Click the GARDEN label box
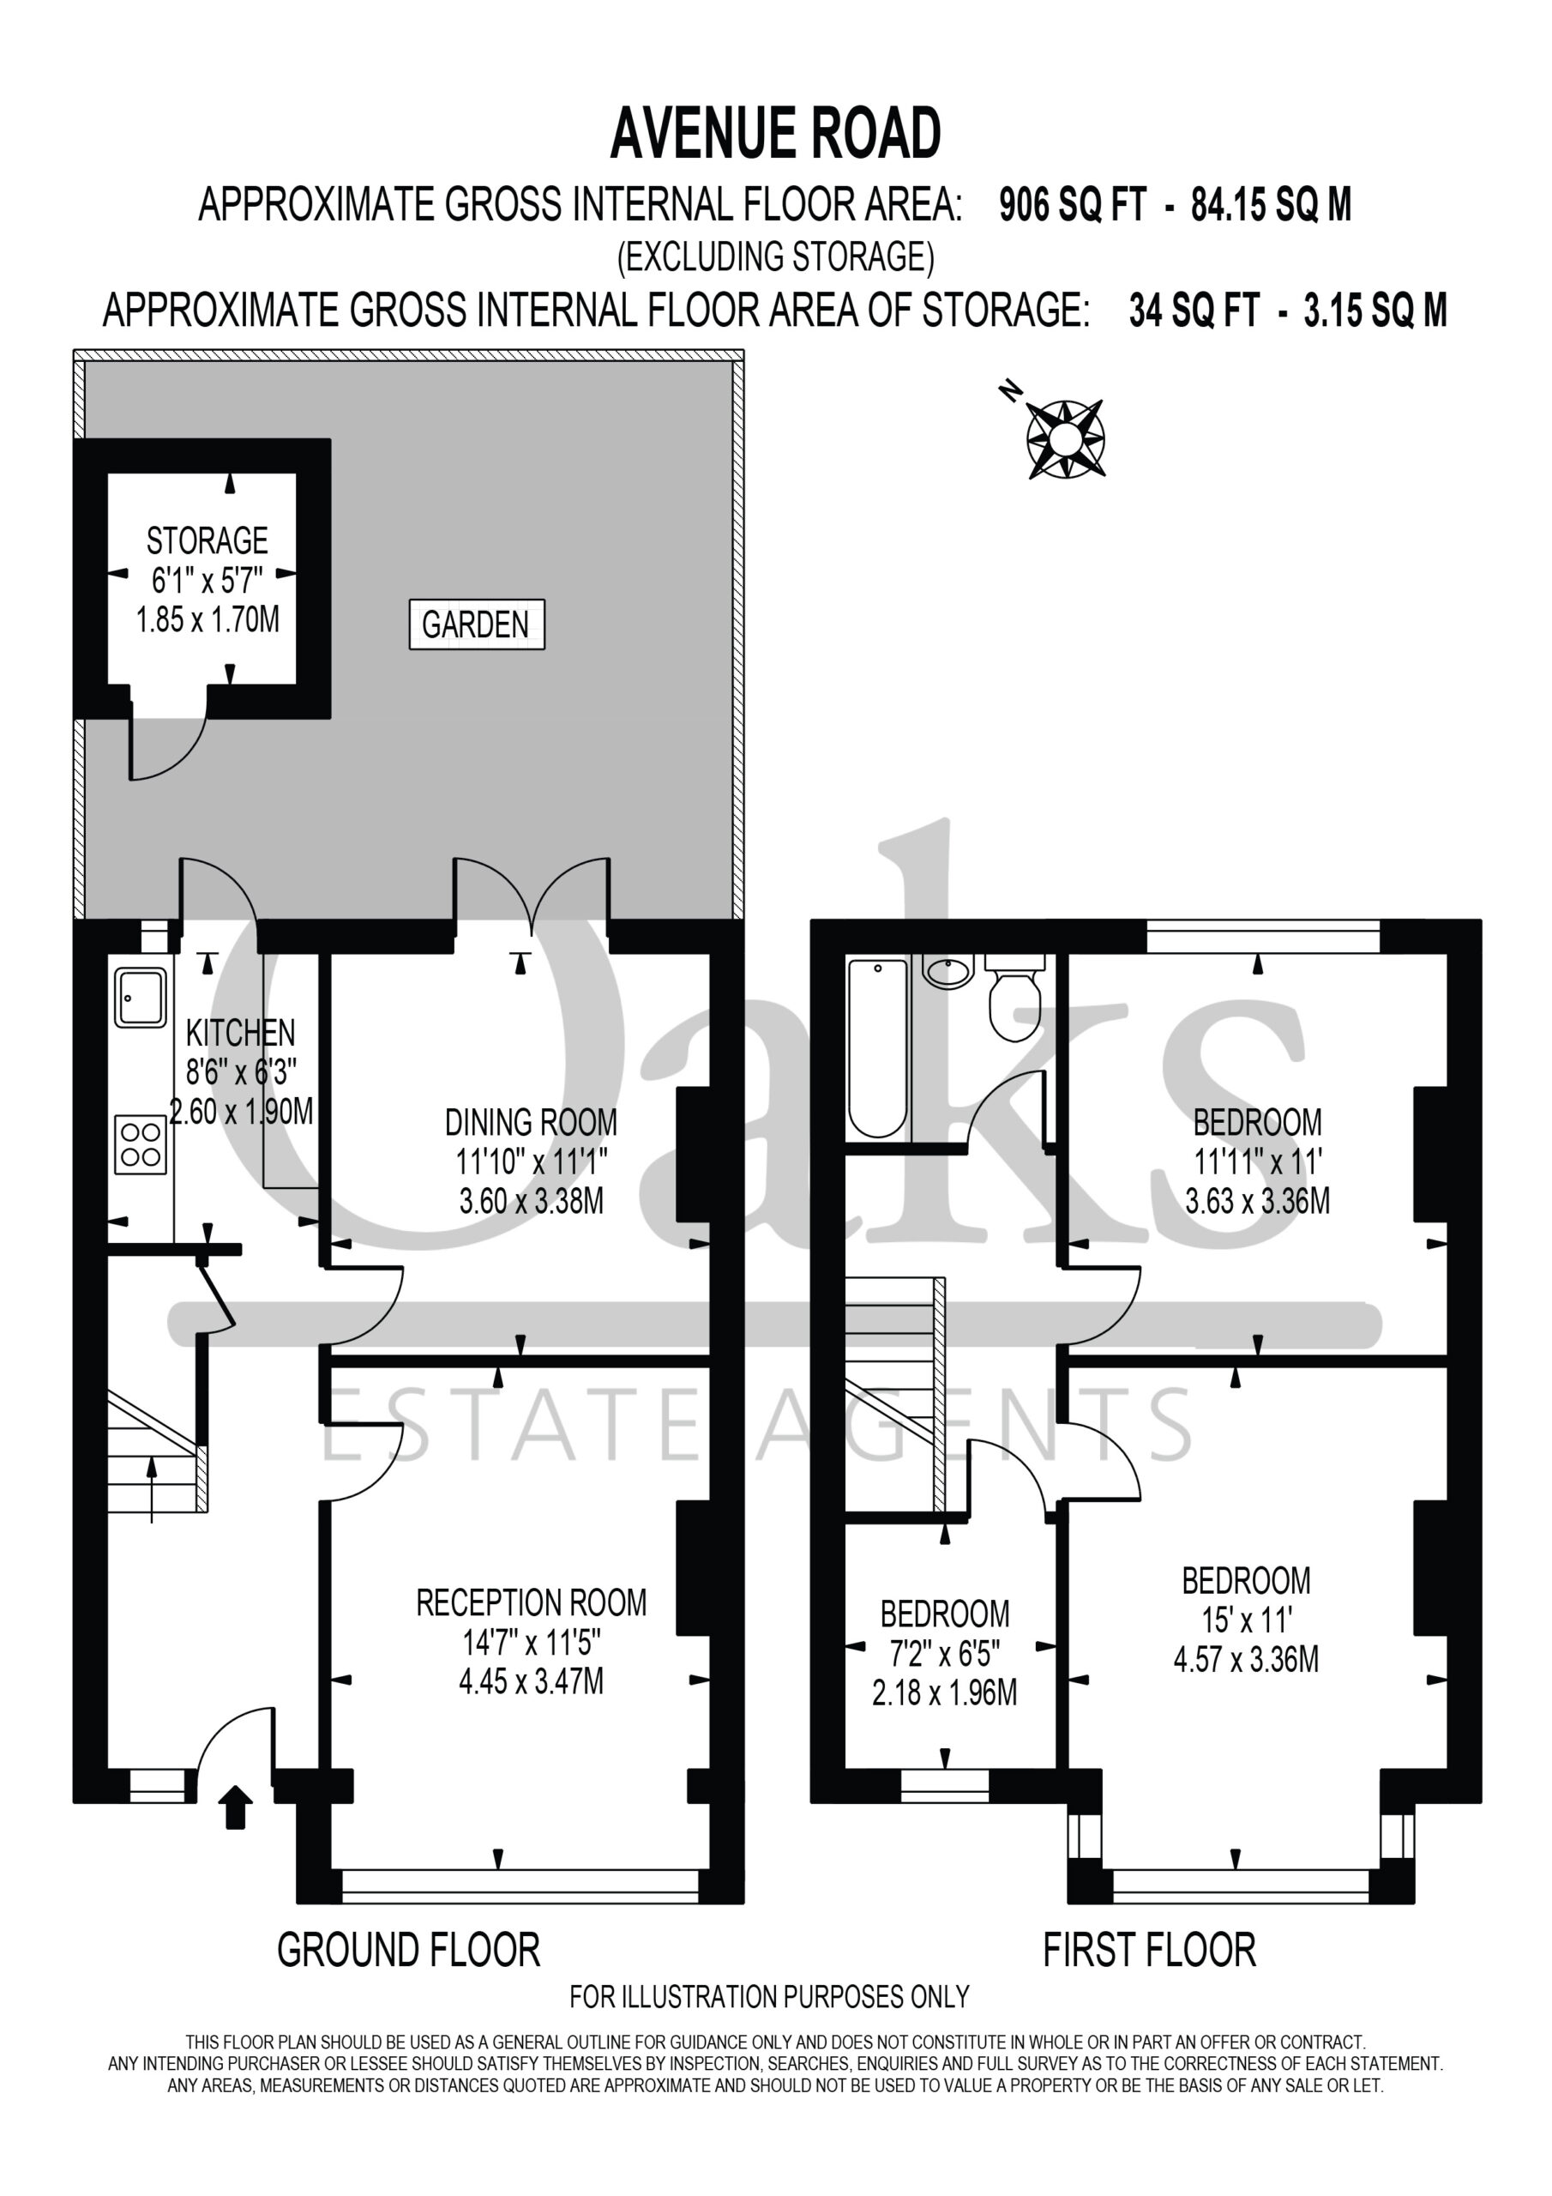tap(476, 624)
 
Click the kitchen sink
tap(141, 997)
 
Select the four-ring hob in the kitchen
tap(141, 1145)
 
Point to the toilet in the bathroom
tap(1014, 997)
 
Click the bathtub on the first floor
tap(878, 1048)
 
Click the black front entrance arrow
tap(235, 1808)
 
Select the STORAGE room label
tap(208, 541)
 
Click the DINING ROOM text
tap(532, 1122)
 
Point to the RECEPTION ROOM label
tap(532, 1602)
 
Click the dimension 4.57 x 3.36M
tap(1247, 1658)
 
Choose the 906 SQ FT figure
tap(1072, 205)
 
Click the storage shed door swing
tap(168, 740)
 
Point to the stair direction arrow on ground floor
tap(152, 1488)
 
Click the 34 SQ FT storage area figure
tap(1194, 310)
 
